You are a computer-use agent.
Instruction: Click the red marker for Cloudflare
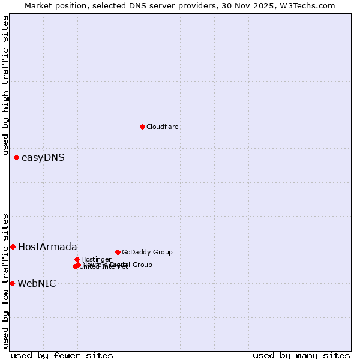click(142, 127)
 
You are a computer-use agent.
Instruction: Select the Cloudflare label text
click(163, 127)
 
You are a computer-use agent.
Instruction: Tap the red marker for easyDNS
click(16, 157)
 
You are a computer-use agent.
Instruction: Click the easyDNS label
click(43, 158)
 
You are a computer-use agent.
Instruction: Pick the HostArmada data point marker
click(13, 247)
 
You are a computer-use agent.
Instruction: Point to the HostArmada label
click(47, 247)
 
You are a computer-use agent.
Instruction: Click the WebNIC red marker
click(12, 283)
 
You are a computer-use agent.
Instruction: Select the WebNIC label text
click(37, 283)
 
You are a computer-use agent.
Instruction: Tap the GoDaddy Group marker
click(118, 252)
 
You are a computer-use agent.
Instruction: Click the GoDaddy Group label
click(147, 252)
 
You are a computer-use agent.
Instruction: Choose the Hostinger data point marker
click(77, 259)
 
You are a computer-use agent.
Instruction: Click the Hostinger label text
click(97, 259)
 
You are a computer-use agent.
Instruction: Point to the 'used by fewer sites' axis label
click(62, 355)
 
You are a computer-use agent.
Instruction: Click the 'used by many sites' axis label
click(301, 355)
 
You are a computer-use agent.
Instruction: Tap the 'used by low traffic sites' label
click(6, 281)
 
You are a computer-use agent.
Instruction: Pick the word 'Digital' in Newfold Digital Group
click(122, 265)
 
